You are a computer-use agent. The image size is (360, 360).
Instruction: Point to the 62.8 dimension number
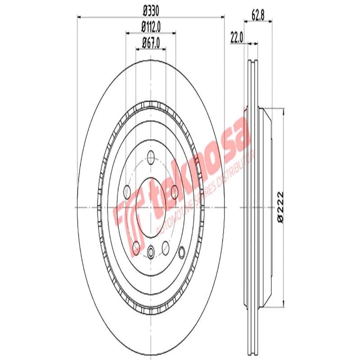[x=257, y=13]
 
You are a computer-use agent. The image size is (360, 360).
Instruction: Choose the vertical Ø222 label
[x=280, y=207]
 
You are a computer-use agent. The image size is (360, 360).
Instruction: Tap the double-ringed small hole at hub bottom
[x=151, y=251]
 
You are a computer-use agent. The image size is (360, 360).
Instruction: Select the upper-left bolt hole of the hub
[x=127, y=191]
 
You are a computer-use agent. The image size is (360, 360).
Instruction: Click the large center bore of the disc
[x=151, y=207]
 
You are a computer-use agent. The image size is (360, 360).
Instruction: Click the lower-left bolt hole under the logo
[x=135, y=246]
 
